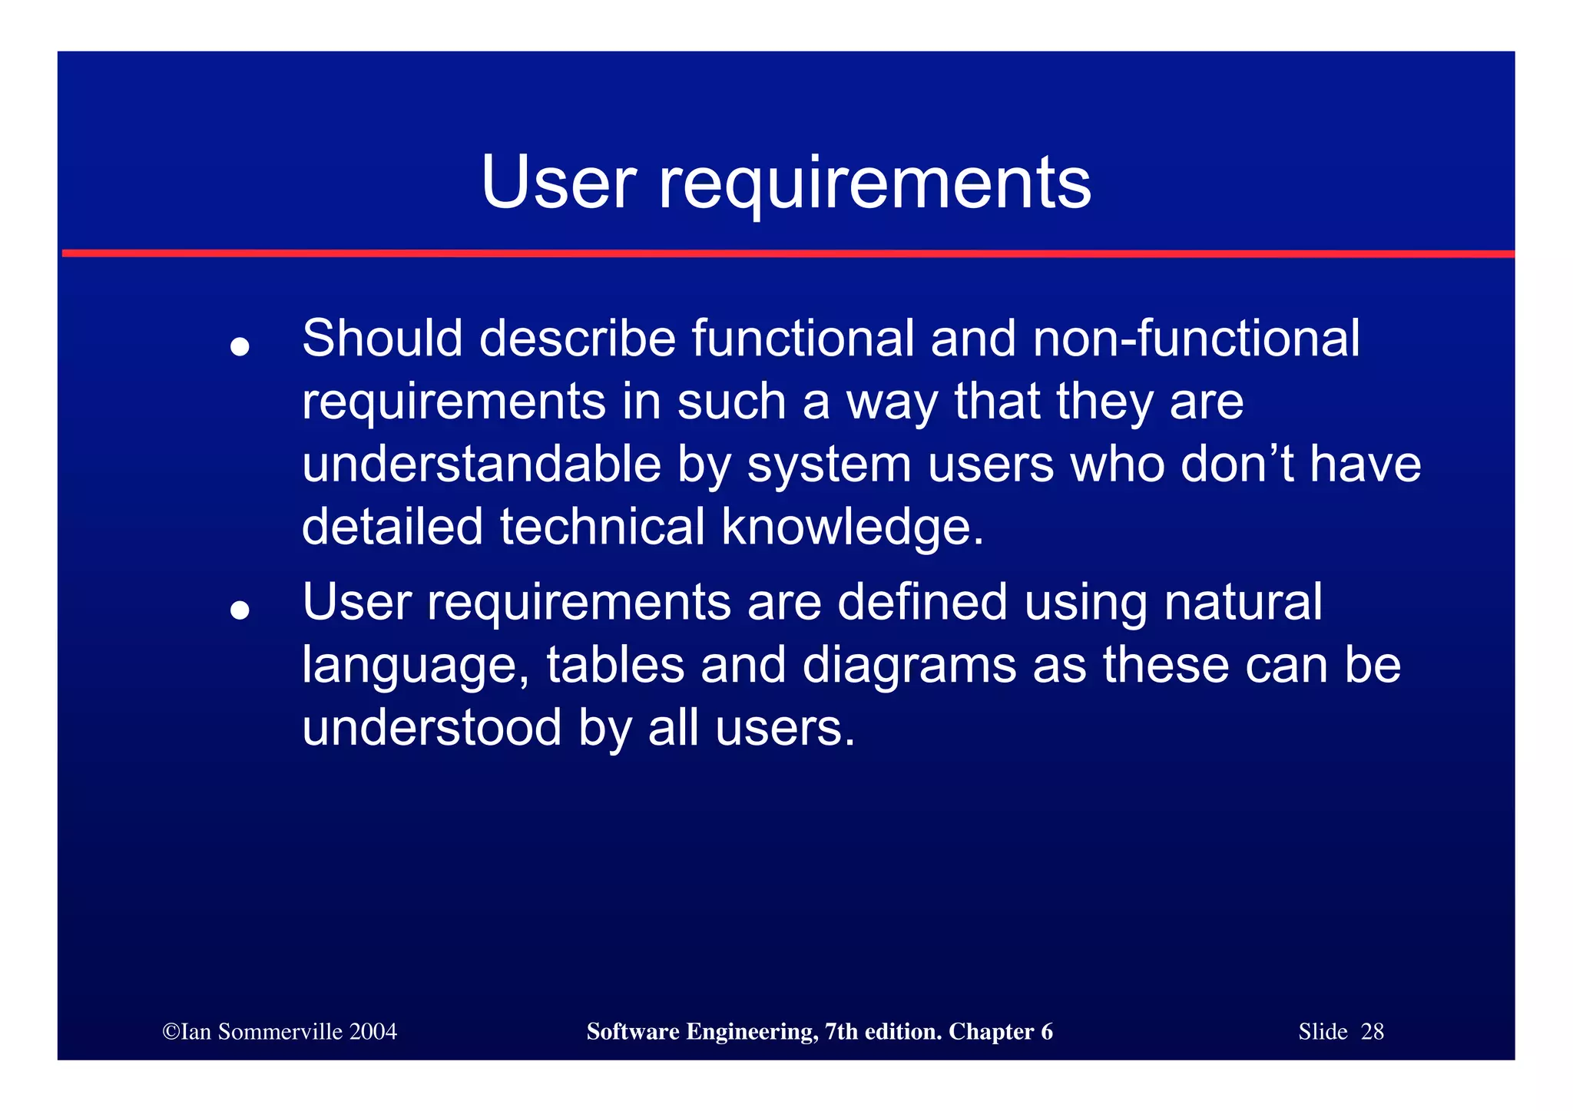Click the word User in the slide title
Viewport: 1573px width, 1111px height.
[558, 183]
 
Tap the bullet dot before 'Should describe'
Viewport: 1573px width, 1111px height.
[240, 347]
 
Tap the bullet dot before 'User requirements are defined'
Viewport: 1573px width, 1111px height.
[240, 610]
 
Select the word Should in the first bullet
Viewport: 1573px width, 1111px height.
[382, 339]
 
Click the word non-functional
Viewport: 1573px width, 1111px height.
[1195, 339]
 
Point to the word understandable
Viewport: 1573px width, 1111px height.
[481, 465]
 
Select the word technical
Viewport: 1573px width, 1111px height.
[602, 527]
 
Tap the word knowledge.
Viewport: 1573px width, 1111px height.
[852, 527]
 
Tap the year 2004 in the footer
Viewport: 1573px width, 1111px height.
[373, 1032]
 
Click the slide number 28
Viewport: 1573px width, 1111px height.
[1372, 1032]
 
